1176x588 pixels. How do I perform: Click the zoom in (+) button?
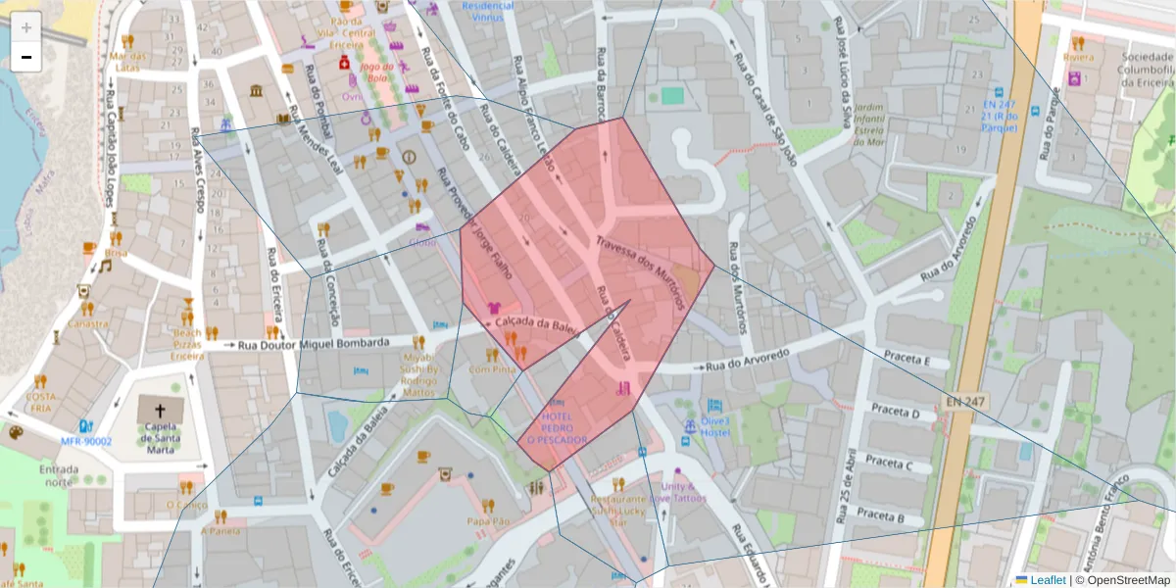(x=26, y=27)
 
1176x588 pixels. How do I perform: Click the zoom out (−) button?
(x=26, y=57)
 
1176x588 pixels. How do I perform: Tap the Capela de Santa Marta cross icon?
(x=159, y=410)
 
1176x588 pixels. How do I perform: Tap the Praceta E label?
(x=906, y=359)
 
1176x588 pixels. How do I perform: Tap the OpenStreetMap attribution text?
(x=1123, y=579)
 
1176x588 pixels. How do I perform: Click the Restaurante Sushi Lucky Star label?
(x=623, y=511)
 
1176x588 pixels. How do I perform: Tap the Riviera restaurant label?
(x=1078, y=57)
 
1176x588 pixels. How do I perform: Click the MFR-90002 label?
(x=86, y=441)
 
